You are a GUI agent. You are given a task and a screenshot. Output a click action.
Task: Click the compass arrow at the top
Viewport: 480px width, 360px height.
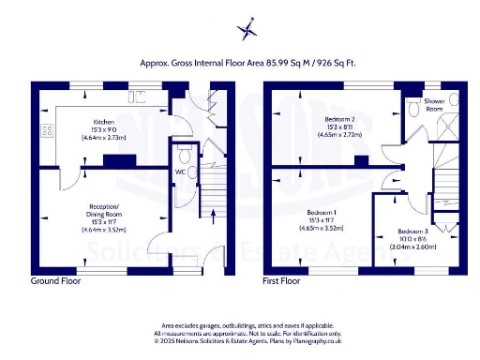[247, 28]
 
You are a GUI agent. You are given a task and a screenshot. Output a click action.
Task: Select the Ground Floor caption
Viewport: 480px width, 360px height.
[55, 280]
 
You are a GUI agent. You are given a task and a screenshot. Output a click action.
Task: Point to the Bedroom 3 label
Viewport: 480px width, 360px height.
[412, 231]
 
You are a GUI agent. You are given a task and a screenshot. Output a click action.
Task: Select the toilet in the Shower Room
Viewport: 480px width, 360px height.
[414, 110]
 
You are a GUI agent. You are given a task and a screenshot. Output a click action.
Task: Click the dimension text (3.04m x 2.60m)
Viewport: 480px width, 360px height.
[412, 247]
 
